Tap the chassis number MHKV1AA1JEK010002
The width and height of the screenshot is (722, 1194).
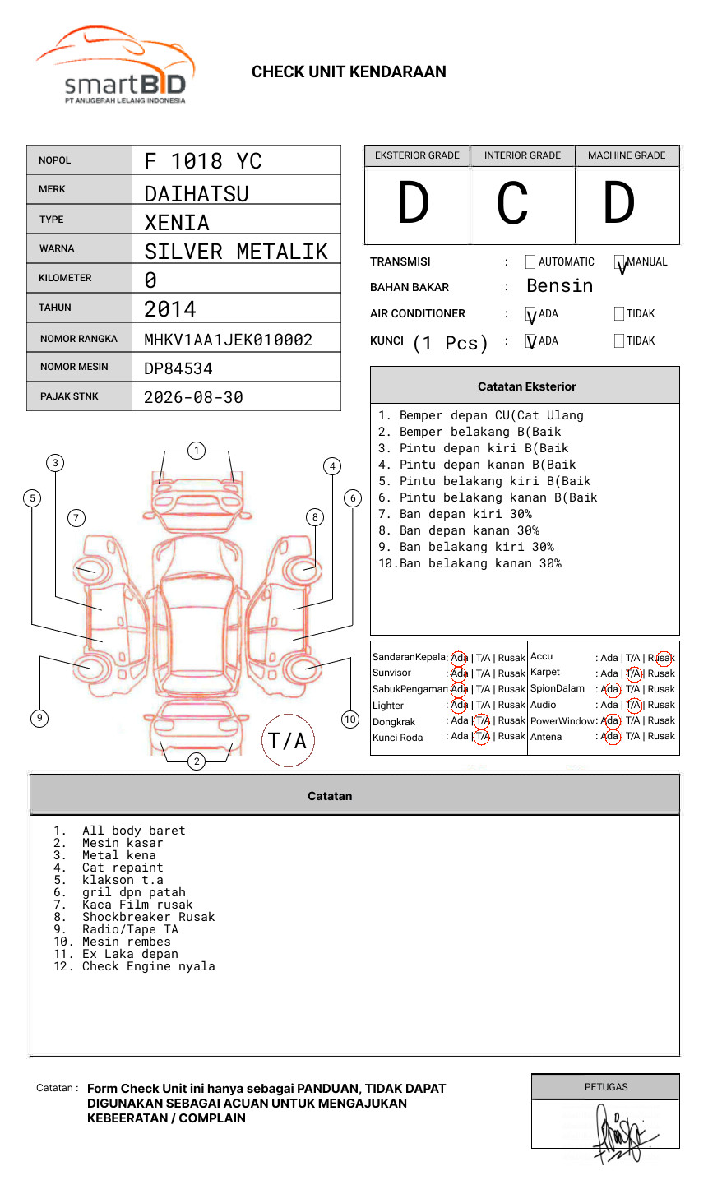(228, 340)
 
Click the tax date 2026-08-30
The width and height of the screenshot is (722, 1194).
(193, 397)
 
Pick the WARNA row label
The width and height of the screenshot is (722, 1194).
(56, 248)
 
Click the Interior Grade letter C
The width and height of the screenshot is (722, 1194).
(512, 204)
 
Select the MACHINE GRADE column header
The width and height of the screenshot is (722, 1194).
(627, 155)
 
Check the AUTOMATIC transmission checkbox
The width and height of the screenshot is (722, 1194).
(530, 262)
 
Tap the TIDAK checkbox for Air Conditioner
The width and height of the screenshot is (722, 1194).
(619, 313)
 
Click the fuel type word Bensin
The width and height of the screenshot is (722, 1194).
(559, 286)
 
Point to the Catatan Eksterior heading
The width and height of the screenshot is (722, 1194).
(526, 386)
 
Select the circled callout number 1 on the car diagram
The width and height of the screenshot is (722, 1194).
(196, 451)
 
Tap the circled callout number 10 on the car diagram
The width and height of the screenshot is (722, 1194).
(350, 720)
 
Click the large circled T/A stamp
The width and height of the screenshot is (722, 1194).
(288, 740)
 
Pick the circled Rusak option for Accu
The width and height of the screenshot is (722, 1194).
(662, 658)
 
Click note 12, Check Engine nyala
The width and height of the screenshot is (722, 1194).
(148, 966)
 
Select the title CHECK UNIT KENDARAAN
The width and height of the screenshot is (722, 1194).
(349, 72)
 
